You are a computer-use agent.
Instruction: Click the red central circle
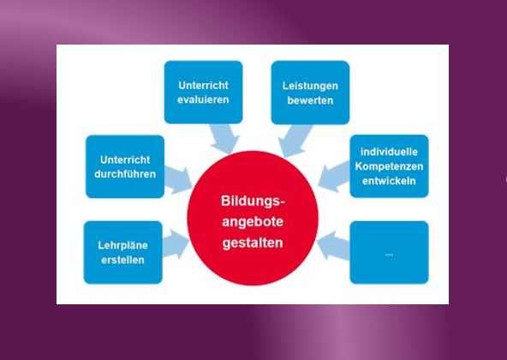pos(253,218)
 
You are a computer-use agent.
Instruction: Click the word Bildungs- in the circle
pos(254,201)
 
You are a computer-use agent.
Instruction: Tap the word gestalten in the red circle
pos(253,243)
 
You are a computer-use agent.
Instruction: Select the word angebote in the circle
pos(253,222)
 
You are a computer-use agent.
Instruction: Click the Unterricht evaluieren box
pos(203,93)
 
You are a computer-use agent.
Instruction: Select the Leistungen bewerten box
pos(310,93)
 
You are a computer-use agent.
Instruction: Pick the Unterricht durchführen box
pos(125,166)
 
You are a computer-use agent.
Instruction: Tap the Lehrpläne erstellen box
pos(122,253)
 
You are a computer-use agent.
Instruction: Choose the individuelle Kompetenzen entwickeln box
pos(389,166)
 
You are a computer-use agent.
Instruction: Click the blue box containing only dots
pos(389,253)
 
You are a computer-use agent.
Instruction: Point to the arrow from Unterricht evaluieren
pos(224,138)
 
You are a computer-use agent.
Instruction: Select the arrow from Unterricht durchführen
pos(178,180)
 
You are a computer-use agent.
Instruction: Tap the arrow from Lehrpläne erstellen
pos(176,244)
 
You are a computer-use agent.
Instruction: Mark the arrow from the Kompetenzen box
pos(334,177)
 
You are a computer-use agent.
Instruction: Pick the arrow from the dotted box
pos(333,246)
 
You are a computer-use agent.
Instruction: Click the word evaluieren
pos(203,99)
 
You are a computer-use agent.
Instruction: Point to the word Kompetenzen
pos(389,166)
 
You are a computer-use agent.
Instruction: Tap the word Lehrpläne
pos(122,245)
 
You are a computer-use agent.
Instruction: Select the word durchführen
pos(125,174)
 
